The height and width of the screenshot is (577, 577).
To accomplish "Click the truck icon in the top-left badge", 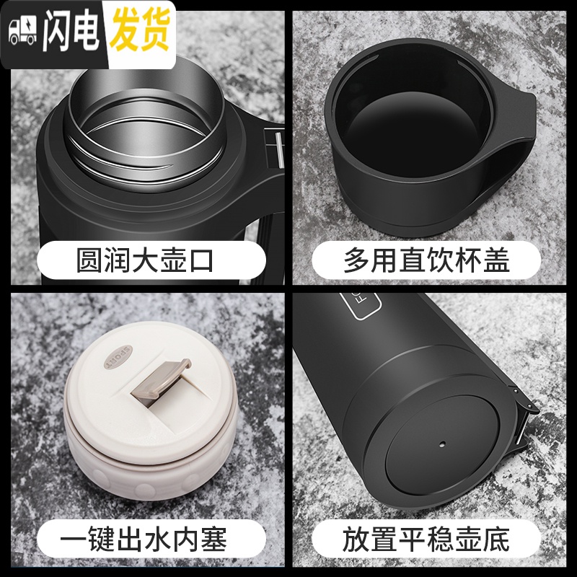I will point(22,33).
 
